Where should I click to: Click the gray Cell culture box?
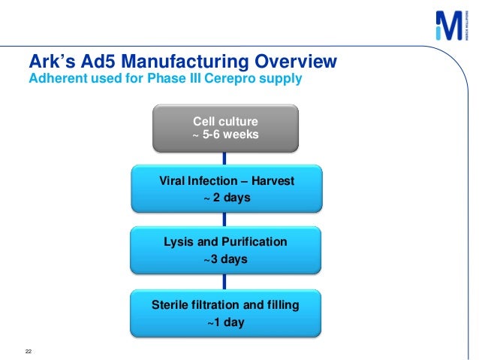226,128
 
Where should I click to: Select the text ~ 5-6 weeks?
226,135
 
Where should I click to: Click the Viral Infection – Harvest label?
227,182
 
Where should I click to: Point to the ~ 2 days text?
227,198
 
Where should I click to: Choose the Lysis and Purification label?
225,242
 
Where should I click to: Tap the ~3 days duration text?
225,259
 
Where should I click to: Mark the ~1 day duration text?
225,322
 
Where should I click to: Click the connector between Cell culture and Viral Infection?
225,159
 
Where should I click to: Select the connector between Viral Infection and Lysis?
225,219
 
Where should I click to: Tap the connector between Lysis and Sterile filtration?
225,280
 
